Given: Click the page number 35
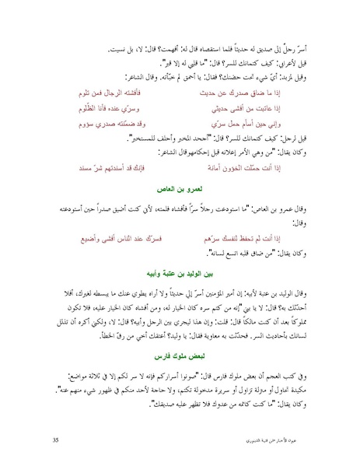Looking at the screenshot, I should pyautogui.click(x=55, y=440).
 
